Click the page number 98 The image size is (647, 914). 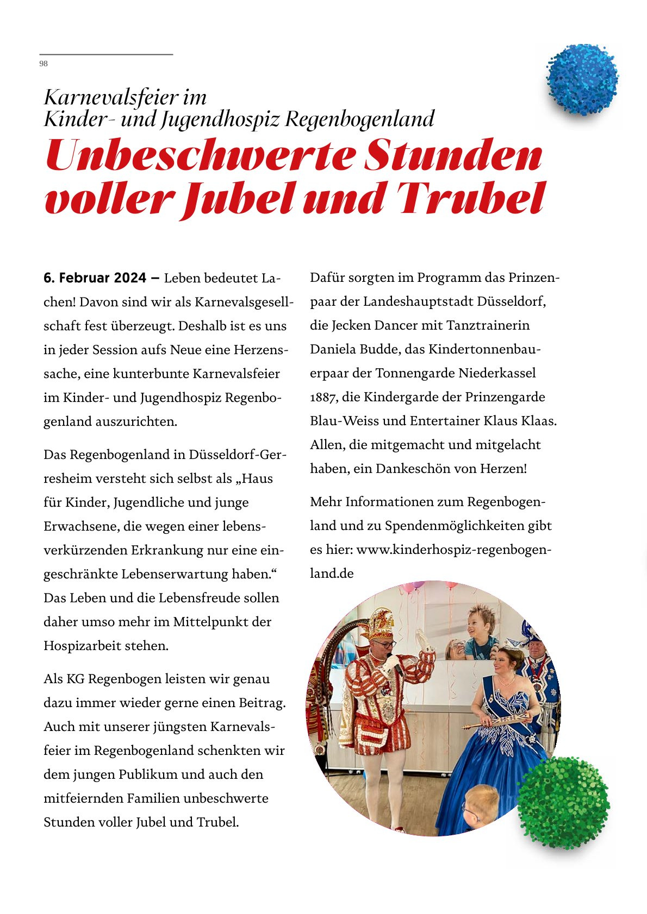click(43, 64)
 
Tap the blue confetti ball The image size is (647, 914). click(582, 80)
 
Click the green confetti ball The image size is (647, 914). click(563, 802)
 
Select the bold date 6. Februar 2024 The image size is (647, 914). click(95, 278)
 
